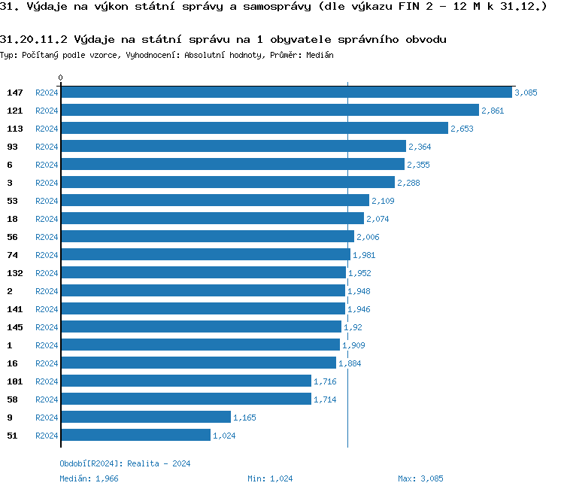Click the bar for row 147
coord(286,92)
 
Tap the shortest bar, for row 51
coord(135,435)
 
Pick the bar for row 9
coord(145,417)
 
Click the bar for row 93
coord(233,146)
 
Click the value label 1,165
coord(245,418)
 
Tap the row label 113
coord(15,129)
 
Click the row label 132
coord(15,273)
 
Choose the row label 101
coord(15,381)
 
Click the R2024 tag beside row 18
coord(47,219)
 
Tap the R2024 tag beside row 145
coord(47,327)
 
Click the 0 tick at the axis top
coord(61,77)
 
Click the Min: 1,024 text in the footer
coord(270,478)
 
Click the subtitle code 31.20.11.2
coord(35,39)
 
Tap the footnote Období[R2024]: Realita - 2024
coord(125,463)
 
